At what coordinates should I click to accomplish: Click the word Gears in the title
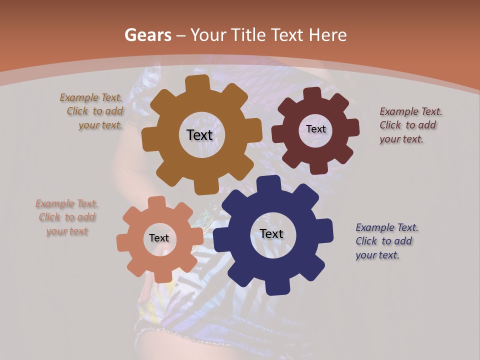(x=147, y=35)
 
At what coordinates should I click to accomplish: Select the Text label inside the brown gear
(x=199, y=135)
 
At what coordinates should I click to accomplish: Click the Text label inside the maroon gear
(x=315, y=129)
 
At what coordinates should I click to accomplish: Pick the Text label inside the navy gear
(x=271, y=233)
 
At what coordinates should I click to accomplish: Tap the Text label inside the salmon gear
(x=159, y=238)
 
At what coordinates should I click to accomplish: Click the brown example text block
(x=92, y=111)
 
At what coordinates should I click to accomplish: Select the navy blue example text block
(x=386, y=241)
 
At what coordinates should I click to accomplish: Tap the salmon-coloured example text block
(x=66, y=217)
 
